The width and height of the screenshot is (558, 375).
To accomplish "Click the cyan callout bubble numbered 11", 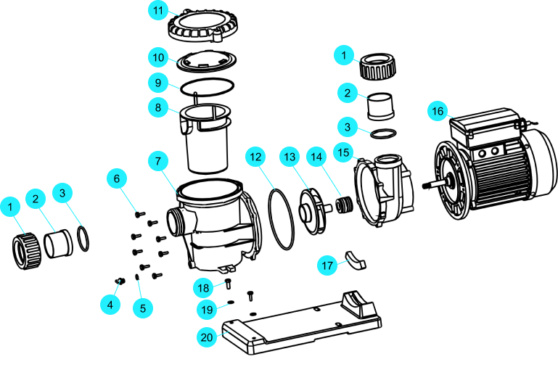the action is [158, 10].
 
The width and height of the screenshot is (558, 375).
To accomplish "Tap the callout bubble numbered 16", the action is [438, 111].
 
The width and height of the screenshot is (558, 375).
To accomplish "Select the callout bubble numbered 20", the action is [207, 337].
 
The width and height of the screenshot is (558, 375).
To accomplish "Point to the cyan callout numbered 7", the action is [158, 161].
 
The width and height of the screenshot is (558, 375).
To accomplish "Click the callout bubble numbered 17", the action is [327, 265].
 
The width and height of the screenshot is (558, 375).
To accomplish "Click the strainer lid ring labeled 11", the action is [202, 25].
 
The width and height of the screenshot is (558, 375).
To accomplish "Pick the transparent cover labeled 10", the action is [206, 60].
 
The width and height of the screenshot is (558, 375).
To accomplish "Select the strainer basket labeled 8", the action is [205, 139].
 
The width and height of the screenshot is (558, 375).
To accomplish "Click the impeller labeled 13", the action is [313, 212].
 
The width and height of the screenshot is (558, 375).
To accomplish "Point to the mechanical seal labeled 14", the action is [345, 205].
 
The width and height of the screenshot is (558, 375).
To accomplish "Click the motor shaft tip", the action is [424, 186].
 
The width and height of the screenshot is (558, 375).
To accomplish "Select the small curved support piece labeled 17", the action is [355, 260].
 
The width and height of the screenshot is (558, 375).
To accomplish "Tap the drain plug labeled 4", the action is [120, 281].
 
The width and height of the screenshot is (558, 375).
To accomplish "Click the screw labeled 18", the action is [229, 284].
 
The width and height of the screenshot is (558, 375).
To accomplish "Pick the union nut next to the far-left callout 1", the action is [27, 251].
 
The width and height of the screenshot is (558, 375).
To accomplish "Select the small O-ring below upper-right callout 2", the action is [383, 133].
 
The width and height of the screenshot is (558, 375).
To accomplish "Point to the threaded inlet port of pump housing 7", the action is [175, 223].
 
